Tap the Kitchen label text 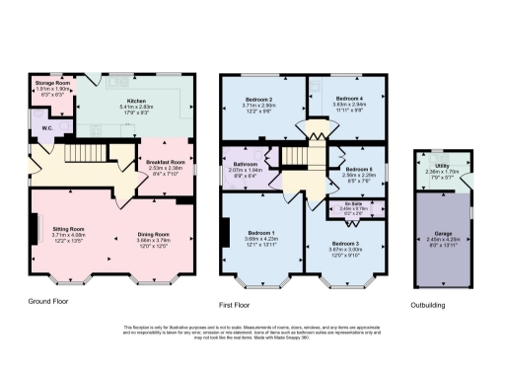pos(130,102)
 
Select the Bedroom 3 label pos(347,244)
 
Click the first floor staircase pos(296,159)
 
